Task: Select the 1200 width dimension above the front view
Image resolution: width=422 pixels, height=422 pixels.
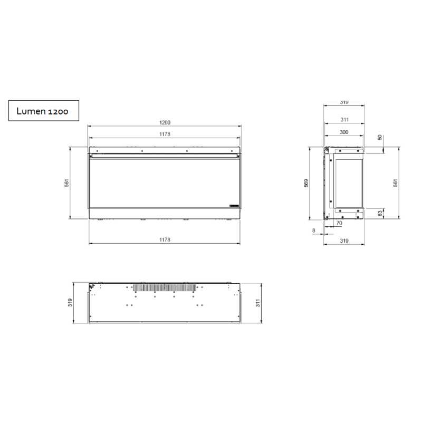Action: tap(165, 122)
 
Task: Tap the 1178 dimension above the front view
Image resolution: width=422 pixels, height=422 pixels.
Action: tap(165, 134)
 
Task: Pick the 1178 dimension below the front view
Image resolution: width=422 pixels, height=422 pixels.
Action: tap(165, 239)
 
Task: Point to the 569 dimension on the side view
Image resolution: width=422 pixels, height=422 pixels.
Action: tap(306, 183)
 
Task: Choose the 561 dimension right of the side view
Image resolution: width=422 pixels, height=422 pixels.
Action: tap(396, 183)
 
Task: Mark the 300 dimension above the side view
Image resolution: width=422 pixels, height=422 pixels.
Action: tap(343, 132)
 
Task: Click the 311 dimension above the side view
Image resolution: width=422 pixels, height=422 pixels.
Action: tap(344, 120)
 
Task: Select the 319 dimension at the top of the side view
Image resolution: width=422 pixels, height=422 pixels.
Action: tap(344, 102)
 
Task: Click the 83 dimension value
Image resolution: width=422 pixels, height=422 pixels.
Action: tap(380, 213)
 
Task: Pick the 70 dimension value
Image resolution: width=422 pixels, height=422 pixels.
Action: tap(339, 224)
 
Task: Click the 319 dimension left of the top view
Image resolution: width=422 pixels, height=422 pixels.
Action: tap(71, 303)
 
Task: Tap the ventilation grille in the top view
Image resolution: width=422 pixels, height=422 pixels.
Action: tap(164, 287)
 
